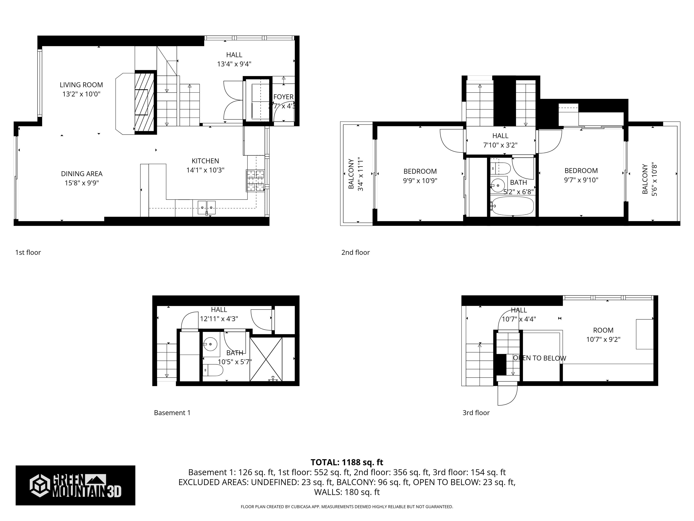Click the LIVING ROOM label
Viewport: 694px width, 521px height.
coord(81,85)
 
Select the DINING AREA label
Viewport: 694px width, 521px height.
coord(82,174)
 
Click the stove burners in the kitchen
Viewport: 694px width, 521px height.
coord(255,181)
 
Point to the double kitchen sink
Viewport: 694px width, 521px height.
coord(206,208)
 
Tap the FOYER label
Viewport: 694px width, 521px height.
coord(283,97)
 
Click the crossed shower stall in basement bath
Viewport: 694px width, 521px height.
coord(266,359)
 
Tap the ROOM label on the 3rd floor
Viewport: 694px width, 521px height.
coord(603,330)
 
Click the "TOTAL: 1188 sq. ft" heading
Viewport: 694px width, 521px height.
coord(347,462)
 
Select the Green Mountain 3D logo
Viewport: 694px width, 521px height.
coord(75,485)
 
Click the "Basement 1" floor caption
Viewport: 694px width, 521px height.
coord(172,413)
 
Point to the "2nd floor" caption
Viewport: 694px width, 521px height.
coord(355,253)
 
